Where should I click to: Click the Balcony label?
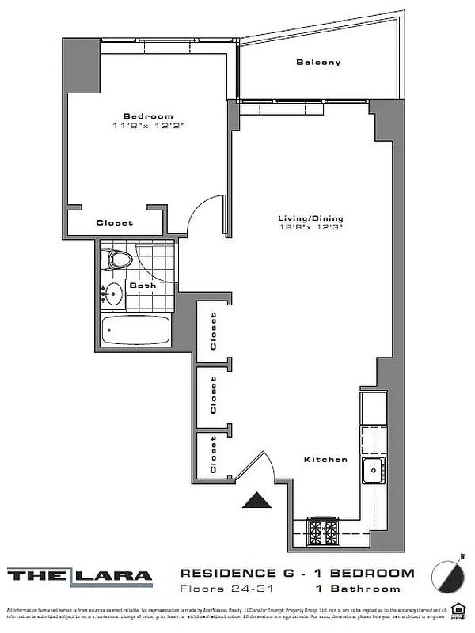(x=318, y=63)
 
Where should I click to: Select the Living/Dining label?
(x=310, y=218)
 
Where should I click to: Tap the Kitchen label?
(x=326, y=459)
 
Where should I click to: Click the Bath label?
(x=142, y=286)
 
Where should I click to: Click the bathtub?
(x=135, y=330)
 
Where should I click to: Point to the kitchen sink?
(x=373, y=470)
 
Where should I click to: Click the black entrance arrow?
(x=255, y=501)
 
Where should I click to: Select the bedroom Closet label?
(x=115, y=223)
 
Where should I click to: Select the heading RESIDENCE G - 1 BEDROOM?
(x=297, y=573)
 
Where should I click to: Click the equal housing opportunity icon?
(x=457, y=609)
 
